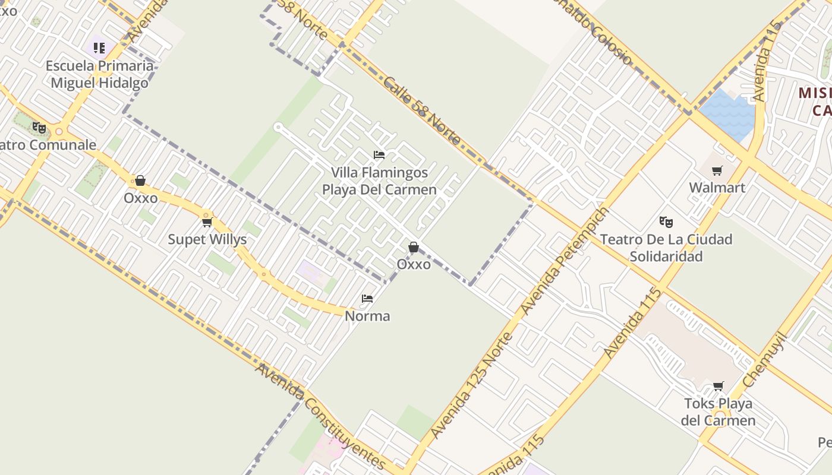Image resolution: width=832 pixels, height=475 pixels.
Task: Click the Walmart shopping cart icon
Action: pos(717,171)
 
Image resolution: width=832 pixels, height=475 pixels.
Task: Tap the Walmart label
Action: pos(717,188)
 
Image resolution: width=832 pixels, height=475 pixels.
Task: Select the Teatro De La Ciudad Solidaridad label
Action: pos(666,248)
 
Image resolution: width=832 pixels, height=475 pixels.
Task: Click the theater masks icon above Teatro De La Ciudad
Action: pos(666,222)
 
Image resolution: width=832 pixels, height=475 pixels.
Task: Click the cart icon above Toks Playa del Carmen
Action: pos(718,387)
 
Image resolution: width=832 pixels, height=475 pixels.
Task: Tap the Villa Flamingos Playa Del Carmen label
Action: pos(379,181)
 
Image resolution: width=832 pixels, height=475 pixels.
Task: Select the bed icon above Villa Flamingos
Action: pos(379,155)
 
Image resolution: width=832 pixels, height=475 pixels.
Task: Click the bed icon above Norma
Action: pos(367,299)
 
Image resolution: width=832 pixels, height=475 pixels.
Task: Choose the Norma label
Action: pos(367,316)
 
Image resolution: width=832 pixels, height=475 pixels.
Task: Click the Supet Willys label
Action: pos(207,239)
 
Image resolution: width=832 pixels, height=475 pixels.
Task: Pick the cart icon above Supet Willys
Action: pos(207,222)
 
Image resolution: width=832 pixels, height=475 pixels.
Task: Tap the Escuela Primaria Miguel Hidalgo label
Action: pos(99,74)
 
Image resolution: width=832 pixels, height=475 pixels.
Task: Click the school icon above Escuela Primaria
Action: pos(99,47)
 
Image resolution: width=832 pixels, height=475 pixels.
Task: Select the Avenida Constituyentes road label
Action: pos(321,416)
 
